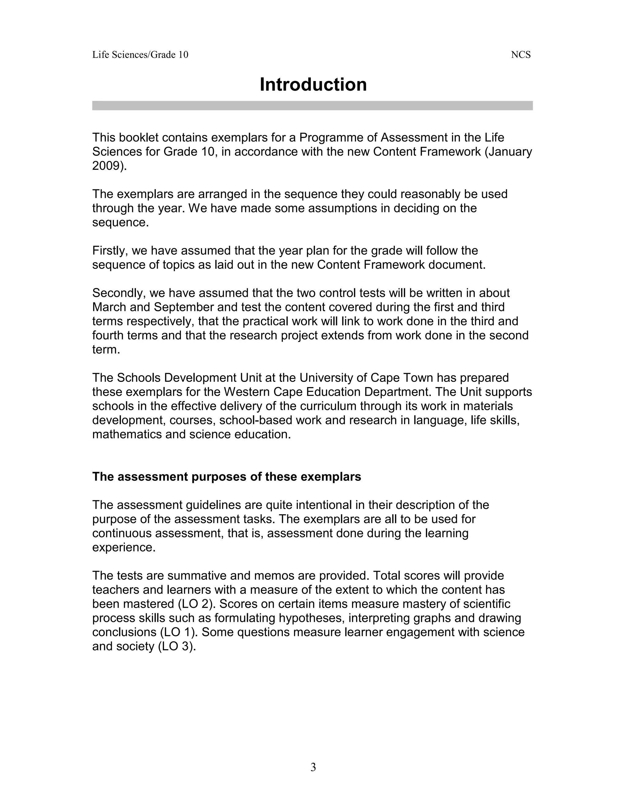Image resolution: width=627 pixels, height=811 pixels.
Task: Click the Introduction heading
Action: point(313,85)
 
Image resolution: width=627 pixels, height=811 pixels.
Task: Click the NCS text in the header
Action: point(520,55)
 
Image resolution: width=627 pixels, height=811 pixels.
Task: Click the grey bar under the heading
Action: point(312,106)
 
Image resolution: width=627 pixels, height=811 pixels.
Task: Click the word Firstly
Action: point(110,251)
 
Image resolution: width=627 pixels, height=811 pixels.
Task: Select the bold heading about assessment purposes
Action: point(226,477)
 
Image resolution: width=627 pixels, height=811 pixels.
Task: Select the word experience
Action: point(123,548)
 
